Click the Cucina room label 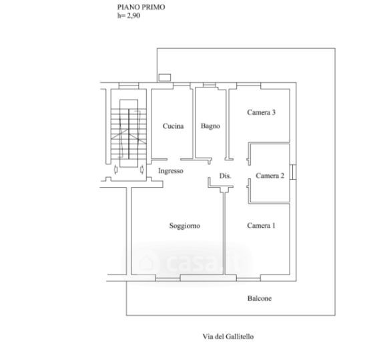click(x=173, y=126)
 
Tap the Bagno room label click(x=210, y=126)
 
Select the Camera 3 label click(x=261, y=112)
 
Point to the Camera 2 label click(x=270, y=176)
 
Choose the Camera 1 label click(x=261, y=225)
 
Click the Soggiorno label click(x=185, y=226)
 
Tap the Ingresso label click(x=171, y=171)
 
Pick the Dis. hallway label click(x=225, y=176)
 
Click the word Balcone click(x=260, y=299)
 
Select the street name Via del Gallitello click(x=228, y=337)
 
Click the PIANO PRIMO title click(x=141, y=7)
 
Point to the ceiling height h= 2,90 click(x=129, y=16)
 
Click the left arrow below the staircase click(x=115, y=169)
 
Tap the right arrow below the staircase click(x=142, y=169)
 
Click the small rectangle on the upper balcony click(x=165, y=77)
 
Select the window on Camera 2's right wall click(x=293, y=172)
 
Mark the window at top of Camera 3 click(x=249, y=85)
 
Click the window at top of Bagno click(x=210, y=85)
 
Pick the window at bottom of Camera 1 click(x=249, y=278)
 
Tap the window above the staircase click(x=129, y=85)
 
